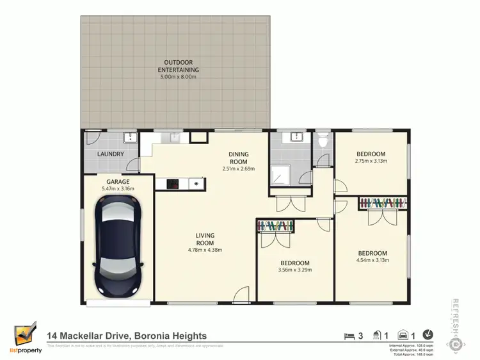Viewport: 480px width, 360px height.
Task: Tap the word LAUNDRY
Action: coord(110,154)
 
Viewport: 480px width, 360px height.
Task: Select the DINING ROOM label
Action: coord(238,158)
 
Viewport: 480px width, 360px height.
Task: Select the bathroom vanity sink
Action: coord(296,138)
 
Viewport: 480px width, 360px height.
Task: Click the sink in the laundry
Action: coord(129,137)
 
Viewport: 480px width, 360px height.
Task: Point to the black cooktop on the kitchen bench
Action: coord(172,184)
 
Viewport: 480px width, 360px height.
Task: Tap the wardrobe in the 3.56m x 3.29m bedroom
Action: coord(276,225)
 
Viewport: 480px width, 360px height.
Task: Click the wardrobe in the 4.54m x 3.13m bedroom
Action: coord(383,203)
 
